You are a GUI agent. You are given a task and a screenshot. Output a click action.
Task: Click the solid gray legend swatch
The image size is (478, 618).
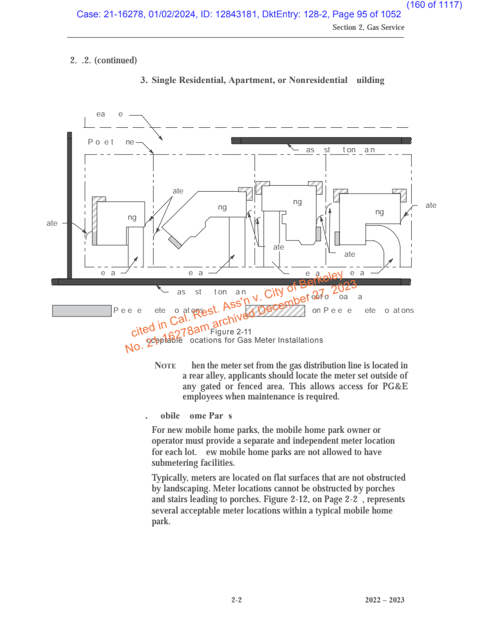(x=82, y=310)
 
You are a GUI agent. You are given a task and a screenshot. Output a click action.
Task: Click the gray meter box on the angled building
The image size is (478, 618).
(x=175, y=241)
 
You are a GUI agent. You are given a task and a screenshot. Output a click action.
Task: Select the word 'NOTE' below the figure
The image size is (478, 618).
(x=165, y=365)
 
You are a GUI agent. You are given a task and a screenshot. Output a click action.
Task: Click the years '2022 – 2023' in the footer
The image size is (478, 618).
(x=385, y=598)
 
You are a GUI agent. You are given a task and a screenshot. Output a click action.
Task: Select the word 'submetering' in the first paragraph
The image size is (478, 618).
(x=176, y=462)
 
